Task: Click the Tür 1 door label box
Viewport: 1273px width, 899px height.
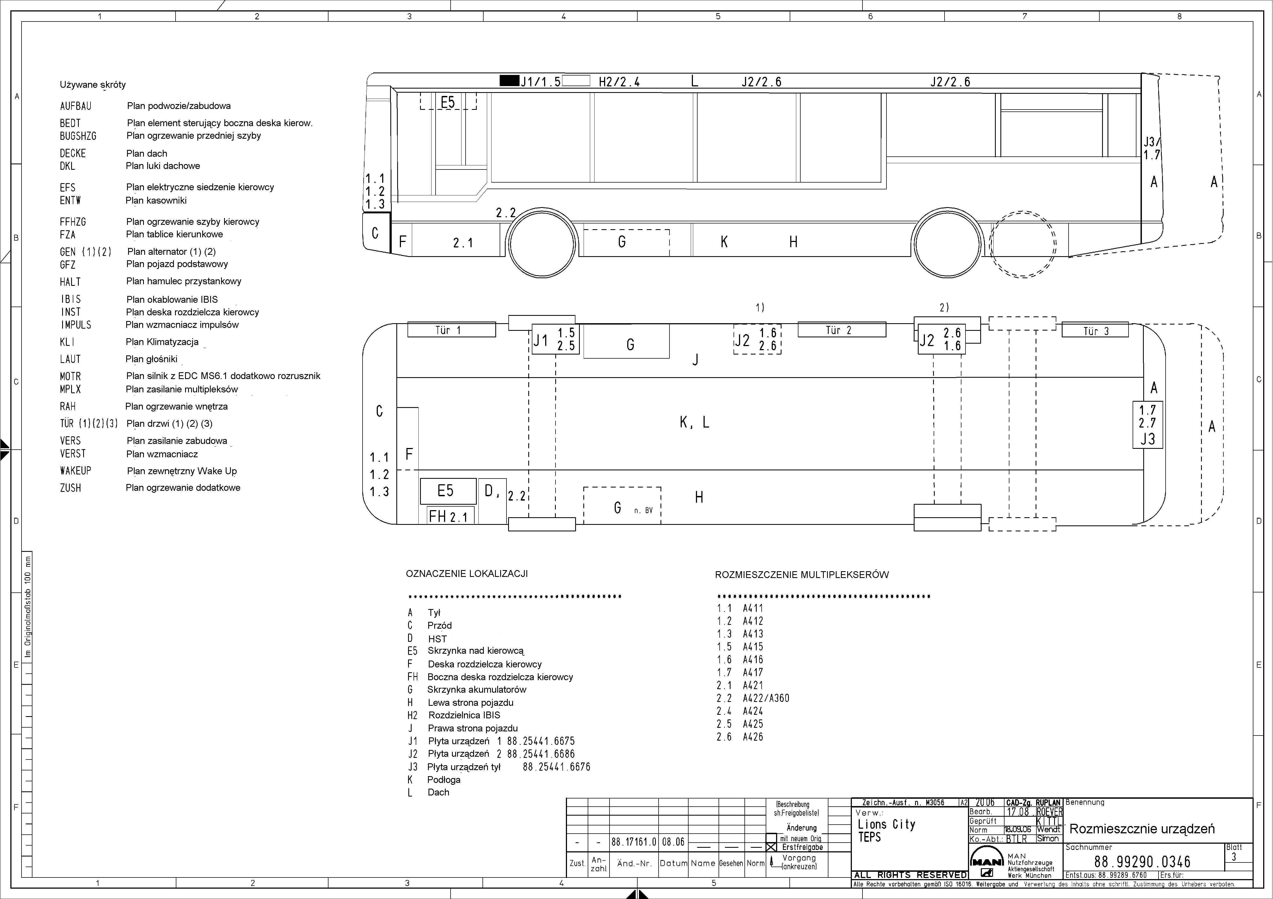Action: pos(451,330)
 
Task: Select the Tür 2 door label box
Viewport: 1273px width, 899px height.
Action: pos(842,330)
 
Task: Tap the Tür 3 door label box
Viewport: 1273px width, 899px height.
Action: pos(1095,330)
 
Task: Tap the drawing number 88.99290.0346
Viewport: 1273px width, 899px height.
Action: pos(1142,862)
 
